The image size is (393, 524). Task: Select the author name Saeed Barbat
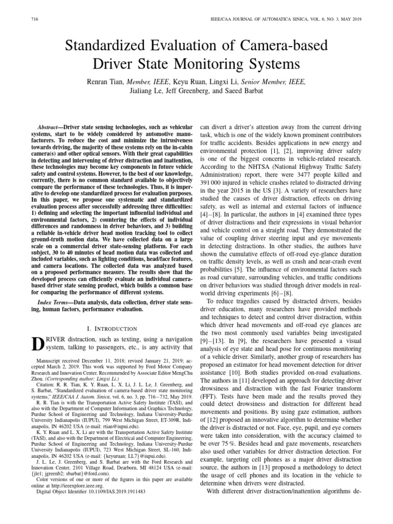pos(249,91)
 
